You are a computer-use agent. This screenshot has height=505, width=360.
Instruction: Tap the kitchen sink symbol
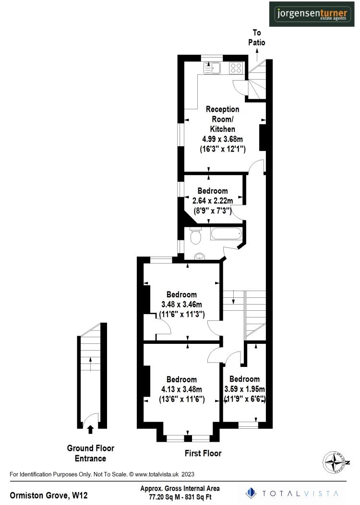(212, 68)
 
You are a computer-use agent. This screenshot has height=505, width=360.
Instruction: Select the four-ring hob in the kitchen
(236, 69)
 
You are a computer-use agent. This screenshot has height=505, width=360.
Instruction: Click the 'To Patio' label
(257, 37)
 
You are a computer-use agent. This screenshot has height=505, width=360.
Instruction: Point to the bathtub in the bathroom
(226, 235)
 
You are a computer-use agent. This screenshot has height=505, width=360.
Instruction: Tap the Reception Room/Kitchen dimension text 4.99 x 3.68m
(222, 139)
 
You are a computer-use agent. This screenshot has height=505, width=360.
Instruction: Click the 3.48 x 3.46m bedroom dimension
(181, 305)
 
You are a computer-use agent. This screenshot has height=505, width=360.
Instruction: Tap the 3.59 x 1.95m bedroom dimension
(245, 389)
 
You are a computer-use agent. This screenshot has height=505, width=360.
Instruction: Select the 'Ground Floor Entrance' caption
(90, 453)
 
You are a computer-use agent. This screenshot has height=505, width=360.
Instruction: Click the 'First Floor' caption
(203, 453)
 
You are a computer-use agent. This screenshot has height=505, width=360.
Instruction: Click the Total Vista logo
(292, 493)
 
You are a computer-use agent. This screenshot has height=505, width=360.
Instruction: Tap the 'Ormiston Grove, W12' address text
(49, 494)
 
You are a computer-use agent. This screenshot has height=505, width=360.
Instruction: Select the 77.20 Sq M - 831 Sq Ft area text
(180, 497)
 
